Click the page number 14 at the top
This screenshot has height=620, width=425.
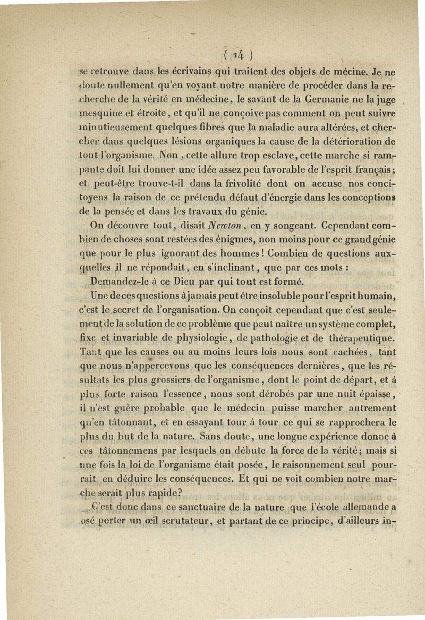tap(230, 54)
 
